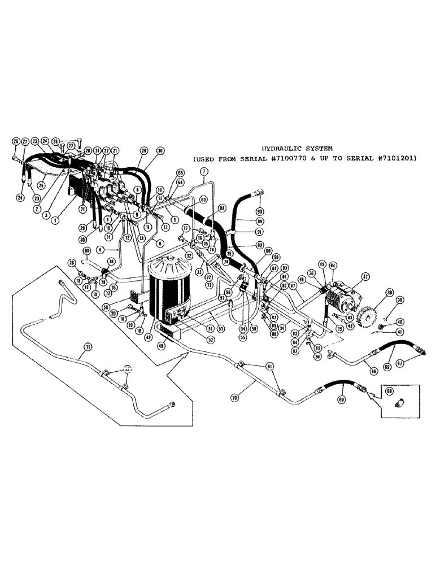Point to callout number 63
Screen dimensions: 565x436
[x=203, y=199]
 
